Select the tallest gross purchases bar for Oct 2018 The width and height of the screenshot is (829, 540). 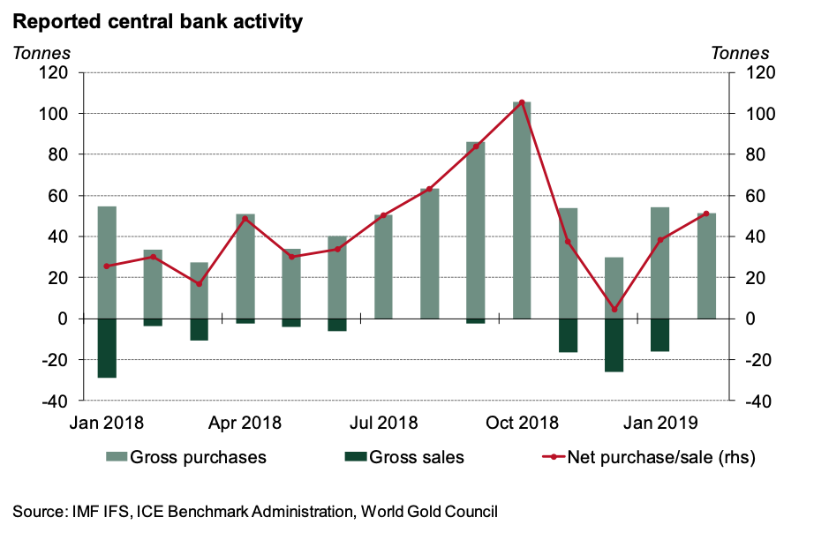pyautogui.click(x=522, y=210)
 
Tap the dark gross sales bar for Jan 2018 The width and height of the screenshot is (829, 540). pyautogui.click(x=107, y=348)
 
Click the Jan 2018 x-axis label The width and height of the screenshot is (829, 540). pyautogui.click(x=108, y=423)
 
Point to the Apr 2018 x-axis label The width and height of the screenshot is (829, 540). pyautogui.click(x=245, y=423)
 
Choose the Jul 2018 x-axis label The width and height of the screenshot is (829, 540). pyautogui.click(x=383, y=423)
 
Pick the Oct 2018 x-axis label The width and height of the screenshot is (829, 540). pyautogui.click(x=522, y=423)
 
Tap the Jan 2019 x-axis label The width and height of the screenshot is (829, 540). pyautogui.click(x=659, y=423)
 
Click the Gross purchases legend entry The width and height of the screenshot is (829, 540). pyautogui.click(x=186, y=457)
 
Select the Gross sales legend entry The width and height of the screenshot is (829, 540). pyautogui.click(x=403, y=457)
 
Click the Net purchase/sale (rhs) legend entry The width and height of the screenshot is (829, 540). pyautogui.click(x=649, y=457)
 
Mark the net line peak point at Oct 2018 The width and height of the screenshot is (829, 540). pyautogui.click(x=522, y=102)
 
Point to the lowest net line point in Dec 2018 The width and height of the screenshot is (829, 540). pyautogui.click(x=614, y=310)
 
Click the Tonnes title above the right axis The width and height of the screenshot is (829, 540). pyautogui.click(x=739, y=53)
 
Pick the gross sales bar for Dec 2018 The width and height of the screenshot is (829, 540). pyautogui.click(x=614, y=345)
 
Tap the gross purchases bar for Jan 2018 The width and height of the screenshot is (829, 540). pyautogui.click(x=107, y=262)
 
